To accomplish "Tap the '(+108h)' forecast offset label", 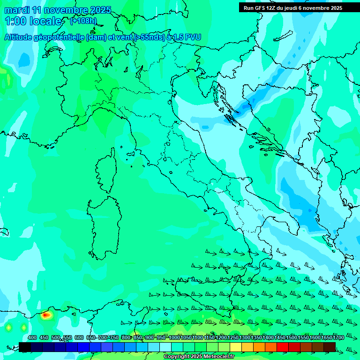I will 83,21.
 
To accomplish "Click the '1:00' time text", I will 15,21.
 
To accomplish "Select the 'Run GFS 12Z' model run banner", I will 262,8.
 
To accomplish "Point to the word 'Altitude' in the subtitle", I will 23,37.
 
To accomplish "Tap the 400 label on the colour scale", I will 32,338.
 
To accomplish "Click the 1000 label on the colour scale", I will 174,338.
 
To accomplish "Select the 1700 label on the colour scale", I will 338,338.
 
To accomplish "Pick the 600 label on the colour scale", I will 79,338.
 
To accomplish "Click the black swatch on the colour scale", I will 25,346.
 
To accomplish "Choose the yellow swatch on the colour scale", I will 236,346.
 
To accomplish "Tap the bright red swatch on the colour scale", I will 283,346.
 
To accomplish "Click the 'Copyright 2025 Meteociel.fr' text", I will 199,356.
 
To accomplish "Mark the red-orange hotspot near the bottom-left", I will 45,315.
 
